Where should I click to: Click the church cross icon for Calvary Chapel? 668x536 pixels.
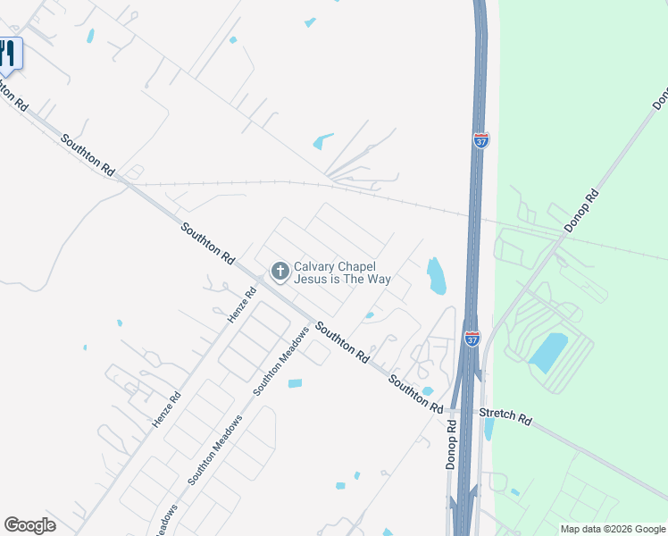point(280,271)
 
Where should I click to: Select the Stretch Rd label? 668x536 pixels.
point(505,416)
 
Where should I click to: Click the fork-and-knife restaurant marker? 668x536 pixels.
point(8,54)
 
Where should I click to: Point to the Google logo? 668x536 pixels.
point(29,525)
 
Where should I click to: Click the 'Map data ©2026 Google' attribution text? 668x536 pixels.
point(612,529)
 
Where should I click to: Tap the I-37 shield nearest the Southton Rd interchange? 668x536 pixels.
point(472,339)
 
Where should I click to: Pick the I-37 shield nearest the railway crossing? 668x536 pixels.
point(481,140)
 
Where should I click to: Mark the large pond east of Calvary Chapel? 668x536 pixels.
point(436,276)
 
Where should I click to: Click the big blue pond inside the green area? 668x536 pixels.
point(548,352)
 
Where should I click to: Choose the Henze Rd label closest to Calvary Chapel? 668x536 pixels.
point(242,303)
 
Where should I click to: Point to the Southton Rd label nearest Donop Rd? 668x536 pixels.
point(415,393)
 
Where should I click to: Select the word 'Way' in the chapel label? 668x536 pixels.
point(380,280)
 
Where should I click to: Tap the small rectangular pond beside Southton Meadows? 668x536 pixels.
point(295,383)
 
